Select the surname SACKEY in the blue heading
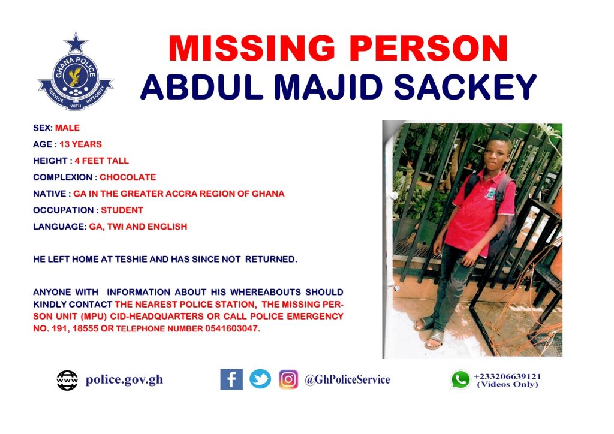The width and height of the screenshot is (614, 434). pyautogui.click(x=465, y=86)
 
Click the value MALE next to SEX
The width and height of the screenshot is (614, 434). pyautogui.click(x=67, y=128)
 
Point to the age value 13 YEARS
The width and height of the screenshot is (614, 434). pyautogui.click(x=81, y=144)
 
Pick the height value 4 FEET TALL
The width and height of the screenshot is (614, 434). pyautogui.click(x=102, y=161)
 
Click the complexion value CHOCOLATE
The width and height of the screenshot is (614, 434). pyautogui.click(x=128, y=177)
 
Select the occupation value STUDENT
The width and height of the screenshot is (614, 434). pyautogui.click(x=122, y=210)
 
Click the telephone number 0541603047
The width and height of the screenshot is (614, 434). pyautogui.click(x=232, y=328)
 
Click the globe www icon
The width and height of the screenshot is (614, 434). pyautogui.click(x=67, y=380)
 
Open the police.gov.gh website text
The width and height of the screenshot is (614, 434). pyautogui.click(x=125, y=379)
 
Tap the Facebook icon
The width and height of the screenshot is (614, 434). pyautogui.click(x=231, y=379)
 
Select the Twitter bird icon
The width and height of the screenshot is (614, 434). pyautogui.click(x=260, y=379)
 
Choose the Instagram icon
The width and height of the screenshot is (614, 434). pyautogui.click(x=288, y=379)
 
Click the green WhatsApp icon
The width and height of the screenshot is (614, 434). pyautogui.click(x=460, y=379)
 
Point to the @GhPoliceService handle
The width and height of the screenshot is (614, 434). pyautogui.click(x=347, y=379)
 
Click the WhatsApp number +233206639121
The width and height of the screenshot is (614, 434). pyautogui.click(x=507, y=376)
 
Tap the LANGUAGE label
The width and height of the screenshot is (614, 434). pyautogui.click(x=59, y=227)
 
